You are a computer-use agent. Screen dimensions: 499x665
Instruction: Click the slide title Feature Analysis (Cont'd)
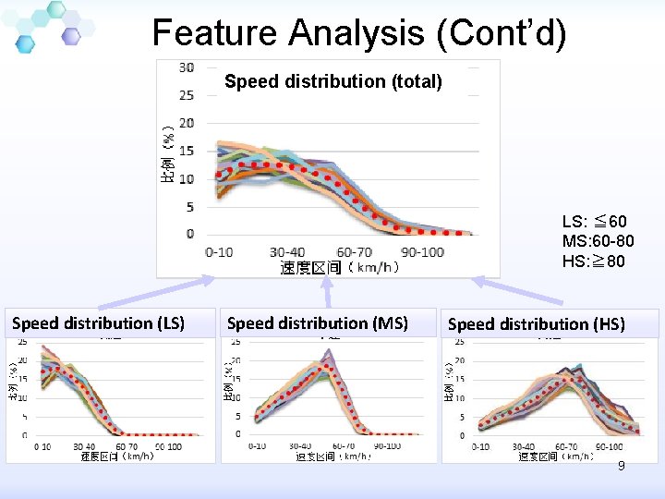pos(358,32)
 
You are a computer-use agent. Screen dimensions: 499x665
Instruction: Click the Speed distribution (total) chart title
pos(333,81)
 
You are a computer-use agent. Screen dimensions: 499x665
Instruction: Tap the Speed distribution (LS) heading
pos(98,323)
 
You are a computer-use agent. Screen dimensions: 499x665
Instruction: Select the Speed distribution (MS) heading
pos(317,323)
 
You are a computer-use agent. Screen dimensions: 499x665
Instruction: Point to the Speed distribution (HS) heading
pos(536,324)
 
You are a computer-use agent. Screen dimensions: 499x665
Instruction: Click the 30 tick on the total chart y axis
pos(187,67)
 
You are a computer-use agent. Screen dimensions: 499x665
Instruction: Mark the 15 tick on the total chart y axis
pos(187,151)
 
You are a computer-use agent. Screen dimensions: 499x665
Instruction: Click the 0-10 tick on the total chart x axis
pos(219,252)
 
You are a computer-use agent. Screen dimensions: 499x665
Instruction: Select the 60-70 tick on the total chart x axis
pos(355,252)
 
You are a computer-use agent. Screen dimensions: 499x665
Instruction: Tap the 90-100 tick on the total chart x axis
pos(423,252)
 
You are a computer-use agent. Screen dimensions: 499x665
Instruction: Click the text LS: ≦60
pos(594,222)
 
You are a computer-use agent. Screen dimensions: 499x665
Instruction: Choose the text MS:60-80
pos(597,241)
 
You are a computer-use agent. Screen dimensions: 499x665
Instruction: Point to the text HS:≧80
pos(593,262)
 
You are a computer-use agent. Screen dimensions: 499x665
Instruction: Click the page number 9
pos(622,466)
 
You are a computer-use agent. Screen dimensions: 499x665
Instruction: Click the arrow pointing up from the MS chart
pos(328,292)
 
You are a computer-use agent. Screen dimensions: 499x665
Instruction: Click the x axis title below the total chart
pos(339,268)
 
